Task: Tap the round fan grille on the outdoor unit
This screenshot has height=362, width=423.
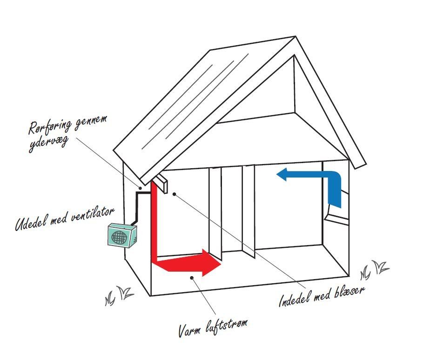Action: click(119, 237)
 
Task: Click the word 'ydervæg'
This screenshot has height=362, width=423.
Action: click(48, 144)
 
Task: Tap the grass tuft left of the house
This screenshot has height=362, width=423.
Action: click(119, 295)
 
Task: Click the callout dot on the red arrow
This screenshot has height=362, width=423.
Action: click(192, 278)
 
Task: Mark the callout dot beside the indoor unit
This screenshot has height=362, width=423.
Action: click(174, 194)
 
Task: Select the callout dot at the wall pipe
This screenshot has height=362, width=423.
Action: click(140, 188)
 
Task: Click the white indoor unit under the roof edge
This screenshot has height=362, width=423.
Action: click(161, 183)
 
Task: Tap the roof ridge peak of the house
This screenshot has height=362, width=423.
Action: click(295, 36)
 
